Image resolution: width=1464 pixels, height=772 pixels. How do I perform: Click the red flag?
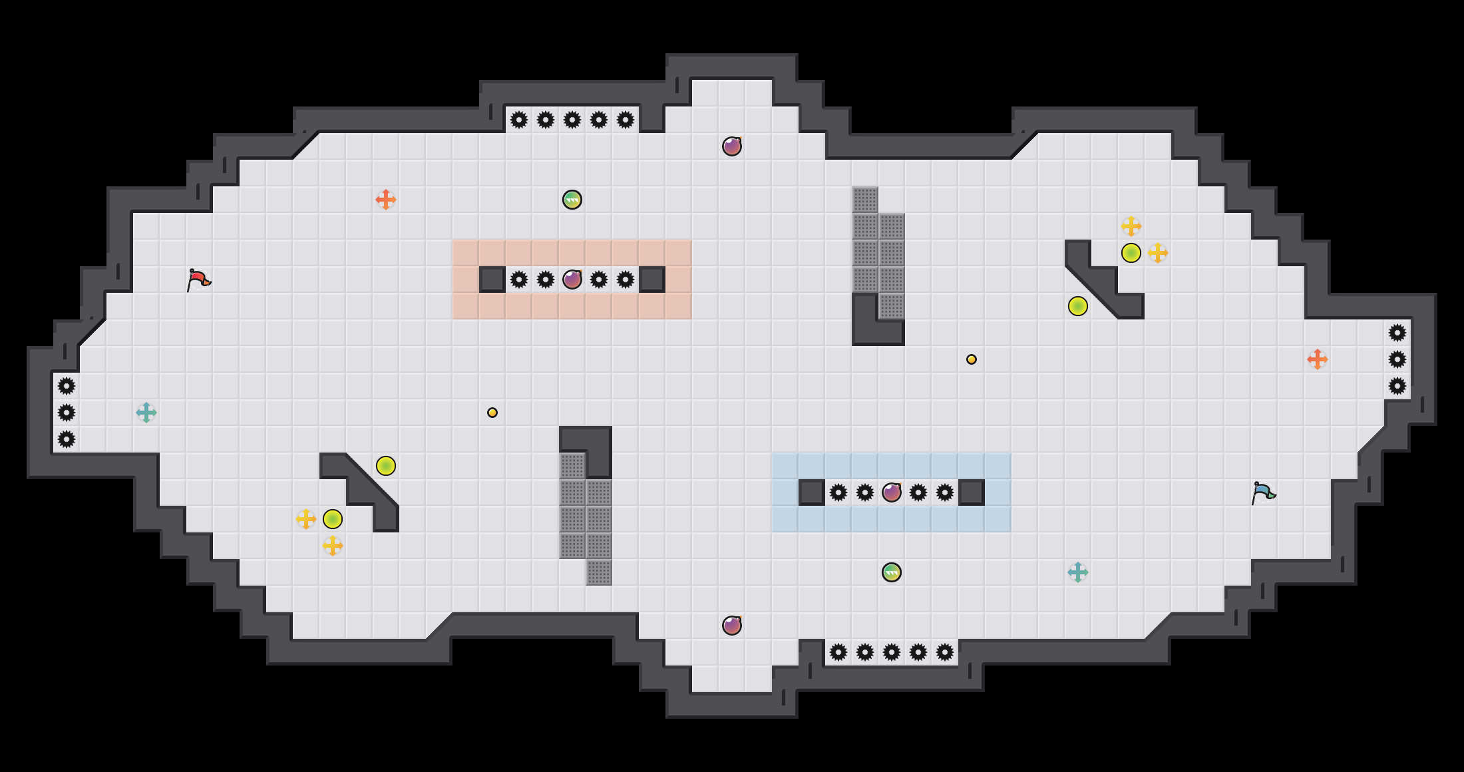click(198, 280)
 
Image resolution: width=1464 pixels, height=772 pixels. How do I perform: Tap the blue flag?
click(1263, 492)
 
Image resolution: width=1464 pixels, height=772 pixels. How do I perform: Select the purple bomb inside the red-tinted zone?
click(572, 280)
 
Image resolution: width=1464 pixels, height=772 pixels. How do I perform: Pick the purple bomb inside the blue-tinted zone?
click(892, 492)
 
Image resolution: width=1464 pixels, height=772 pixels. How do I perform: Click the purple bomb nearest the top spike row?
click(732, 146)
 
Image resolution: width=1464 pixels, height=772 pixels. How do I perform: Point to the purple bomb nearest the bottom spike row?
click(732, 626)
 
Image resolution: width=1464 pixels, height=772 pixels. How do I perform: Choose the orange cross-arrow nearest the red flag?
click(386, 200)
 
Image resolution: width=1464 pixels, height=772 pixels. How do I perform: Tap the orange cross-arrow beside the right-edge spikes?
click(1318, 359)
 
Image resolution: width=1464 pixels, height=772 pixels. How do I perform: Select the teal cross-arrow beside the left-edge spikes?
click(146, 413)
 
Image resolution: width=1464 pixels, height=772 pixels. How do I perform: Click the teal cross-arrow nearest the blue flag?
click(1078, 572)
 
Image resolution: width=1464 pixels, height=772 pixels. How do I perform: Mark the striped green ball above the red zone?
click(572, 200)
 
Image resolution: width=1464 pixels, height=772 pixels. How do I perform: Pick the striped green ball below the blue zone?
click(892, 572)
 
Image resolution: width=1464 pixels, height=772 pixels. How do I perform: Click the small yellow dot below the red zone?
click(492, 413)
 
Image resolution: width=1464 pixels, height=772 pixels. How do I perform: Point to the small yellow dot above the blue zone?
click(972, 359)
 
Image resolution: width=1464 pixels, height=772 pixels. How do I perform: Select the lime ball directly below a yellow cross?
click(1131, 253)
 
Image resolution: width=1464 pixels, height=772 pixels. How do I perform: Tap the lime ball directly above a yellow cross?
click(333, 519)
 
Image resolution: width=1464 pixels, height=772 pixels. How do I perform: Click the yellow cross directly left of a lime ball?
click(306, 519)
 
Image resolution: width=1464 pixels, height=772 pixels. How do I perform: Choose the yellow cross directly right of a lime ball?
click(1158, 253)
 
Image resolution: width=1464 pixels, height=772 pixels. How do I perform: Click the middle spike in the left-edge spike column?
click(67, 413)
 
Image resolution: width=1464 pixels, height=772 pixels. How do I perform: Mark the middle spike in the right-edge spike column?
click(1397, 359)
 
